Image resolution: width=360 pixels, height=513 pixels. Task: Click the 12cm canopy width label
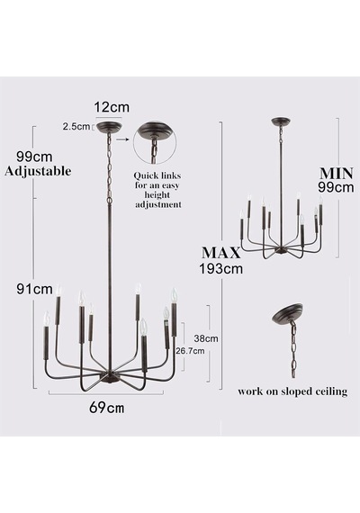coord(112,107)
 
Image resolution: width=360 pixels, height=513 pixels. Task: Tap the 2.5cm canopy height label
coord(76,127)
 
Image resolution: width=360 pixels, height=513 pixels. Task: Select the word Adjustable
coord(38,171)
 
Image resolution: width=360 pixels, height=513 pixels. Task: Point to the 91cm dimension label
coord(35,289)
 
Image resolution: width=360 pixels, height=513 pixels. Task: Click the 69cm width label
coord(107,408)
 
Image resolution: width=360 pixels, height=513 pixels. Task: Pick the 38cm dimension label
coord(206,338)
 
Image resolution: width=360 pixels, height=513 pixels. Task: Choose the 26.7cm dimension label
coord(191,351)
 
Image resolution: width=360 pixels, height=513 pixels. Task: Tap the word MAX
coord(220,253)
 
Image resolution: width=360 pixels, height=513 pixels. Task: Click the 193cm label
coord(221,268)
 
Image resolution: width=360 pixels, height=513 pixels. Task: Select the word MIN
coord(337,174)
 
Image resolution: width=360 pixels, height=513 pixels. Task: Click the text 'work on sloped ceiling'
coord(292,391)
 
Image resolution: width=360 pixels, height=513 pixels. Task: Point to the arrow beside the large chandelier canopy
coord(122,139)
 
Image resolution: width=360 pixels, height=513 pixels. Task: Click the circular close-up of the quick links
coord(155,143)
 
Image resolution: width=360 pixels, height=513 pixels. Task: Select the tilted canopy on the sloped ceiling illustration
coord(287,313)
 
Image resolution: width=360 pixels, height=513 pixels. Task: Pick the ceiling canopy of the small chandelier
coord(280,121)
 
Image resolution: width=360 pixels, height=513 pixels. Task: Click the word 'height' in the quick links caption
coord(157,195)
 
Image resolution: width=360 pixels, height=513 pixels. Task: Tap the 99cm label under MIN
coord(336,187)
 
